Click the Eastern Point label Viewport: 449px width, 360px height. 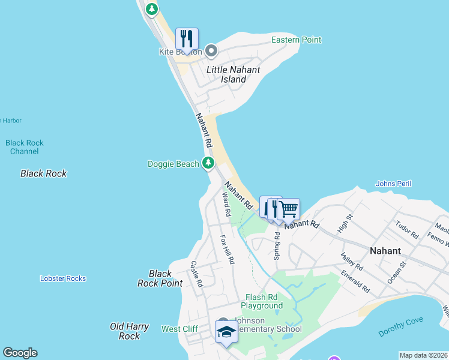[296, 40]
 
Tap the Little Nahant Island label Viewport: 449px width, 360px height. [234, 74]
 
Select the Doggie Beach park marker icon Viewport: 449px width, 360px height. [208, 163]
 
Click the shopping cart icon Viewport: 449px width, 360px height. [289, 209]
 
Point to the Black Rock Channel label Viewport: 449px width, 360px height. [25, 147]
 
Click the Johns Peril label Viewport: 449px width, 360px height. [393, 183]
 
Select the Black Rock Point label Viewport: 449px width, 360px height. [160, 278]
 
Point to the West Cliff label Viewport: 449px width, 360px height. [179, 329]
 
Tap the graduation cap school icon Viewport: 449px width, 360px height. [226, 332]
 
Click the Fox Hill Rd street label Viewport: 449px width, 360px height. [228, 250]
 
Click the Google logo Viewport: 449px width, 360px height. [20, 353]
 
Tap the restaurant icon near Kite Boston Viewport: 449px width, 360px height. [187, 39]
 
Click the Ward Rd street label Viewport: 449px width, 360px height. [226, 204]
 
